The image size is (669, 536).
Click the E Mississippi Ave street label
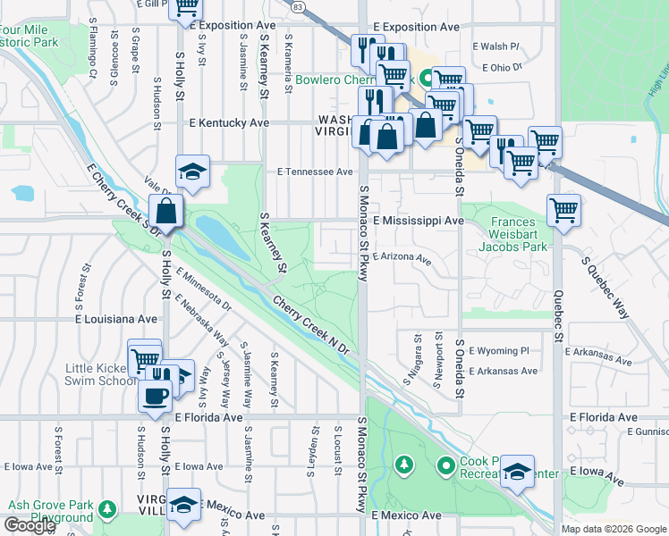419,220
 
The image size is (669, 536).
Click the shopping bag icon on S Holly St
166,212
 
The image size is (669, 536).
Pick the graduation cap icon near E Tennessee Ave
191,172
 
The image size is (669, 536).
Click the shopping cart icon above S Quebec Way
563,211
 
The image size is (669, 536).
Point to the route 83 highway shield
298,5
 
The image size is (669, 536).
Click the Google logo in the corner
30,525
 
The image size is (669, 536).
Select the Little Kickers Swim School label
100,373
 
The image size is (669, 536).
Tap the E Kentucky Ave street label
228,122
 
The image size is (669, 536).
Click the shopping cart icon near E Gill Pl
186,6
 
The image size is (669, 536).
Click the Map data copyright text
614,529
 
